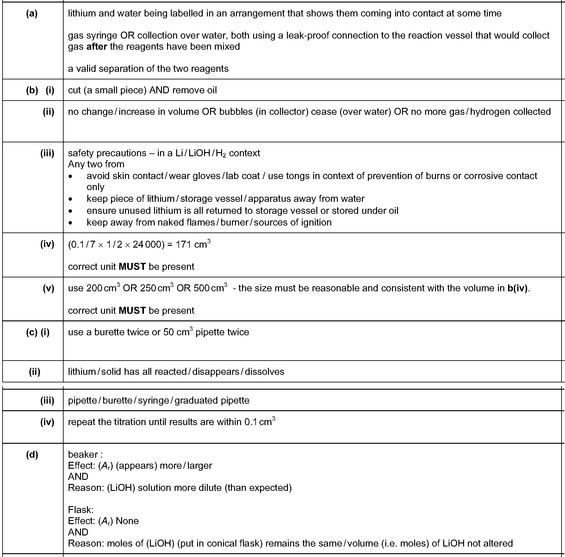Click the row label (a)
point(32,13)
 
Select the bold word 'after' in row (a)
point(96,46)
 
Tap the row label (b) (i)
point(40,90)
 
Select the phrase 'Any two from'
point(96,164)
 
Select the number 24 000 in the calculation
point(147,245)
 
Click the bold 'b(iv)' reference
point(518,288)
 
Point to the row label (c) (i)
point(38,332)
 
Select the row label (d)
point(32,455)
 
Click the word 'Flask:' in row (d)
point(81,510)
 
